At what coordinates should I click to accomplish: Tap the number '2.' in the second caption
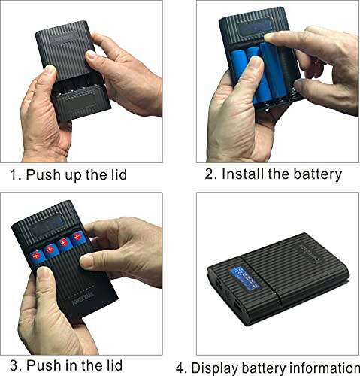pyautogui.click(x=211, y=174)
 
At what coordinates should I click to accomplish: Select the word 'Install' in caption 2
pyautogui.click(x=247, y=174)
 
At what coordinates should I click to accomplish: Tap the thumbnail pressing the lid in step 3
pyautogui.click(x=88, y=259)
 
